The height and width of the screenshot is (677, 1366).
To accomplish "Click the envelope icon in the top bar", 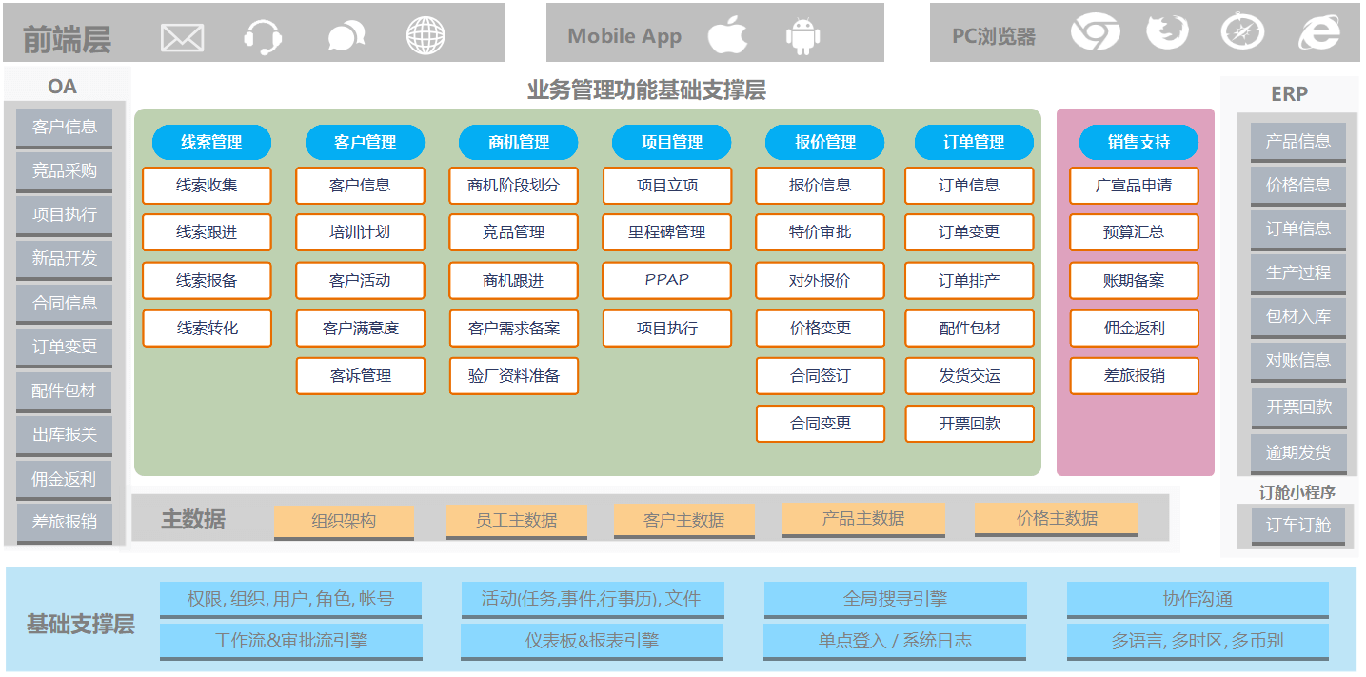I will (183, 37).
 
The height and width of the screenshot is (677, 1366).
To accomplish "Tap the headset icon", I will (262, 37).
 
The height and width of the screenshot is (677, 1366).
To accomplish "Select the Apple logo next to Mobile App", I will (727, 35).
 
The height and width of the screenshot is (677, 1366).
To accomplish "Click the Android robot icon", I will (802, 36).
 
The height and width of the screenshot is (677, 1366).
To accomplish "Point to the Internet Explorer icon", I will (1319, 33).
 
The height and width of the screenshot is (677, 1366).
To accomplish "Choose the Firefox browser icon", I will (1167, 32).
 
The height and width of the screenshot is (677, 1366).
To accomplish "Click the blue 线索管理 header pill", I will (211, 142).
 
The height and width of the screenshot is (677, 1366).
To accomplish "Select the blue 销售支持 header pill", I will (1138, 142).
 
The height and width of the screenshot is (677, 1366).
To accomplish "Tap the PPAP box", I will (666, 280).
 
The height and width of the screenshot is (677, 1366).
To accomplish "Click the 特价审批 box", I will (820, 232).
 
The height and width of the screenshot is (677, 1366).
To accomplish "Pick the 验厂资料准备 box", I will (514, 376).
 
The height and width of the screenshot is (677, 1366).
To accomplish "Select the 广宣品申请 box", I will (1134, 186).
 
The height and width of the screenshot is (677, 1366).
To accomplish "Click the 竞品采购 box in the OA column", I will (65, 171).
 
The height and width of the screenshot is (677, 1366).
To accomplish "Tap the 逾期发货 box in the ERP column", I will (1297, 452).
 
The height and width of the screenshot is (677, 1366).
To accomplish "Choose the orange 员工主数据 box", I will (516, 520).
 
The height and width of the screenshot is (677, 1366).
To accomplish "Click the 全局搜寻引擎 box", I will (895, 599).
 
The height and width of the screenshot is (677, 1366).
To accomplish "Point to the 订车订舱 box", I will (1297, 525).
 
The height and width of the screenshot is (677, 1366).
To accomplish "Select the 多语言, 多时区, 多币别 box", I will (1197, 641).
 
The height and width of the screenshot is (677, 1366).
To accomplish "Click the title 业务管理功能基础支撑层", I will (646, 90).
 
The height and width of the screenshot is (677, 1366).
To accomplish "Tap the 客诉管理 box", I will (361, 376).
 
